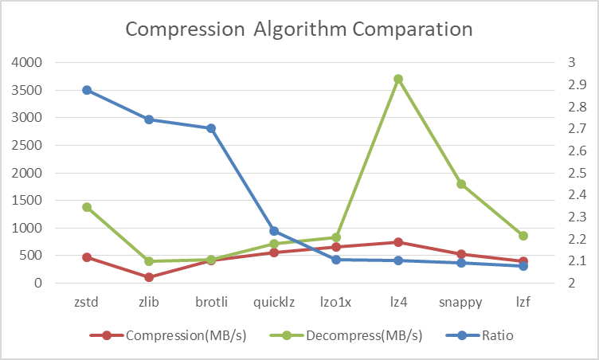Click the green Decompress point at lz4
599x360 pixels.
pyautogui.click(x=398, y=79)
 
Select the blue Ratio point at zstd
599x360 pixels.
pyautogui.click(x=87, y=90)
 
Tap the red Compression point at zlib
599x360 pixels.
pyautogui.click(x=149, y=277)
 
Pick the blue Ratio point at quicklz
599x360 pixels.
pyautogui.click(x=274, y=231)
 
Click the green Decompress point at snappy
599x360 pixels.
pyautogui.click(x=461, y=184)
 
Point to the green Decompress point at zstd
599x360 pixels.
pyautogui.click(x=87, y=207)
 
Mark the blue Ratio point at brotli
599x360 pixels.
pyautogui.click(x=211, y=128)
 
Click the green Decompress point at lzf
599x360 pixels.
pyautogui.click(x=523, y=236)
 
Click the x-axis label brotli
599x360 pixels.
pyautogui.click(x=211, y=303)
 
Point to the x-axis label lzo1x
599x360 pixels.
pyautogui.click(x=336, y=303)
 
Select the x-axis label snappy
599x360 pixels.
pyautogui.click(x=461, y=303)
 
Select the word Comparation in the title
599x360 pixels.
pyautogui.click(x=413, y=30)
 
